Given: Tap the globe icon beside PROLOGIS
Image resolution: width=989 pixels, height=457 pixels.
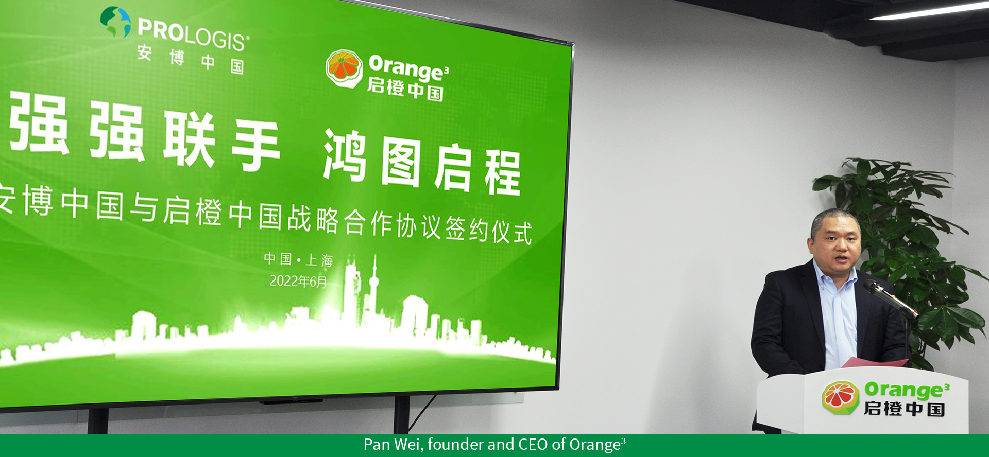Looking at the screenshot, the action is click(116, 22).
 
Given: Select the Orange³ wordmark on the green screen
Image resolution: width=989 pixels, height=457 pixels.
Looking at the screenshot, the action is click(408, 68).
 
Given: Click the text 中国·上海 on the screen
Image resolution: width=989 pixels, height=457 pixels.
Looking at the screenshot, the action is click(298, 259).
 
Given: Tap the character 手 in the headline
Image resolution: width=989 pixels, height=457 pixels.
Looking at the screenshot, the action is click(255, 146).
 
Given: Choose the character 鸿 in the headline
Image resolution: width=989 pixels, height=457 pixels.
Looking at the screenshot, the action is click(345, 155).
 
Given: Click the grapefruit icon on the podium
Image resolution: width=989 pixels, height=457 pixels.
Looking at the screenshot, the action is click(840, 398).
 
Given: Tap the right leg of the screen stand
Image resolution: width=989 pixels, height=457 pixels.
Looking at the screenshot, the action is click(401, 415).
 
